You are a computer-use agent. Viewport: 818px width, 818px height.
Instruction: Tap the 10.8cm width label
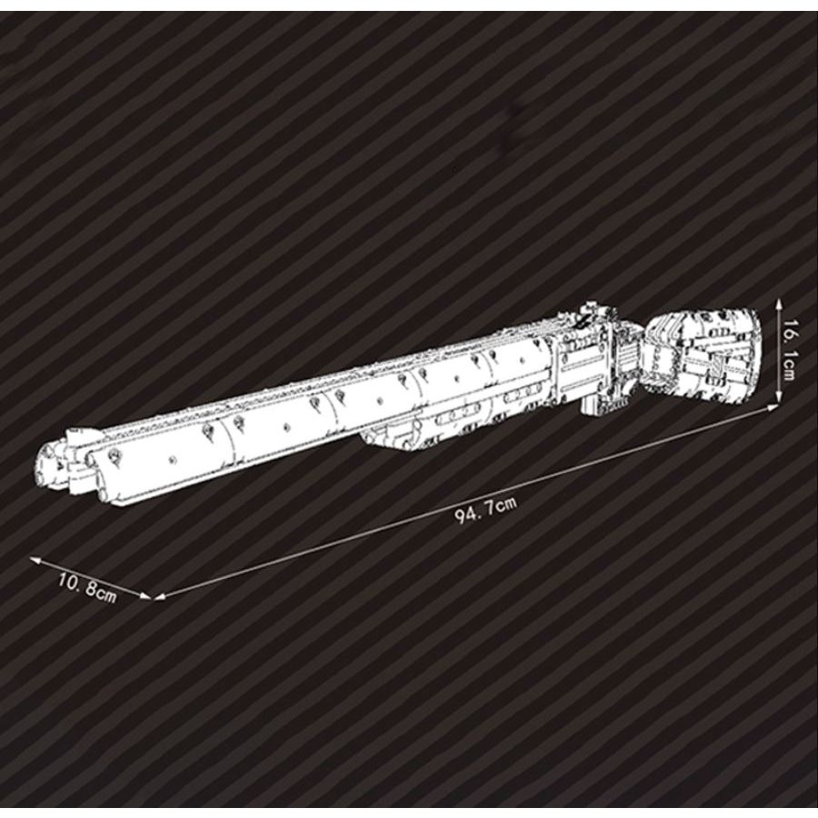click(88, 587)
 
